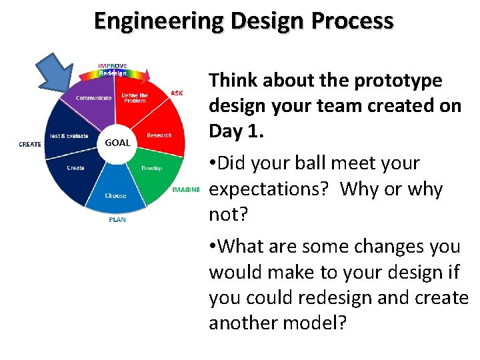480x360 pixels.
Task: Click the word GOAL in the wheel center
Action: pos(117,143)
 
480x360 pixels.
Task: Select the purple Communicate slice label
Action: pos(93,98)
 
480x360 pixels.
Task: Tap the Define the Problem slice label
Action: pos(135,98)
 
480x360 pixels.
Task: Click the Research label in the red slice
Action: pos(159,135)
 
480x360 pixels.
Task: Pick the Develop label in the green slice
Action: pos(151,168)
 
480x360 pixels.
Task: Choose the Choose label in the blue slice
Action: pos(115,195)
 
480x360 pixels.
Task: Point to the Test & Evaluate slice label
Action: pos(69,136)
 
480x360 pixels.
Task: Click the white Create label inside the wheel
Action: pos(75,168)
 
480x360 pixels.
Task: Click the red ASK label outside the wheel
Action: pos(177,93)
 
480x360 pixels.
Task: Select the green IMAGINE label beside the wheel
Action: pos(185,190)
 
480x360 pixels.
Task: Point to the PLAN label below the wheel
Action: pos(117,219)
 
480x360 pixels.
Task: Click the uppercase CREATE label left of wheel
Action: pos(30,144)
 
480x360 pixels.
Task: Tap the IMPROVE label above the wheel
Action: pos(113,66)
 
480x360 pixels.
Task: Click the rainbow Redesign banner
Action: pos(113,73)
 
